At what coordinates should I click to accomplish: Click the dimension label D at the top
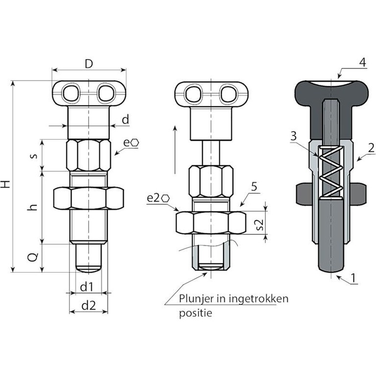[x=89, y=64]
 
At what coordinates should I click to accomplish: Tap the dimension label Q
[x=33, y=257]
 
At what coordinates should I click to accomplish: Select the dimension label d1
[x=86, y=287]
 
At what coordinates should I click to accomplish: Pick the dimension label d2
[x=89, y=305]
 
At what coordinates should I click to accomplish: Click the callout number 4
[x=363, y=62]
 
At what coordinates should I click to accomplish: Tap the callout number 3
[x=293, y=136]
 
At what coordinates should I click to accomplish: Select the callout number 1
[x=353, y=278]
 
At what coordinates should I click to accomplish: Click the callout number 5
[x=254, y=187]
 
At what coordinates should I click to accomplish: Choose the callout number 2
[x=371, y=148]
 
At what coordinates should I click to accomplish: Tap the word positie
[x=196, y=313]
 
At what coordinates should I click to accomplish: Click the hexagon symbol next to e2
[x=165, y=199]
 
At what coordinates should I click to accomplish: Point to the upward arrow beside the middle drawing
[x=175, y=150]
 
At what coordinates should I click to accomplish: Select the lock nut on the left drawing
[x=89, y=198]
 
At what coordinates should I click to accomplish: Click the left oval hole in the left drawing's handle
[x=70, y=93]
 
